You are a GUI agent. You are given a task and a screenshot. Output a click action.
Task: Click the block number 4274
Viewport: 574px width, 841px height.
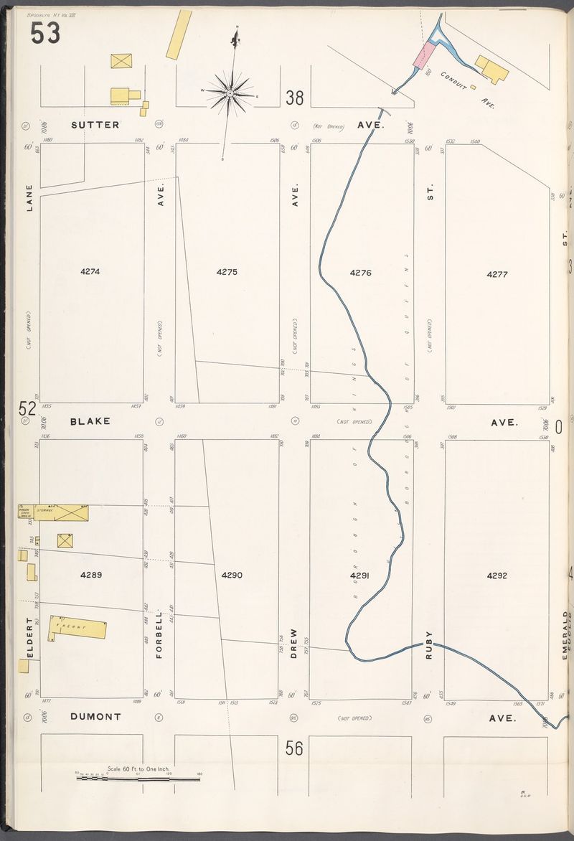click(90, 272)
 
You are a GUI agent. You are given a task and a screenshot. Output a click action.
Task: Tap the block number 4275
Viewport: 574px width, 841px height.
click(227, 272)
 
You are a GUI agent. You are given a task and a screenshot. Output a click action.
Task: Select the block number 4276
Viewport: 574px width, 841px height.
click(360, 273)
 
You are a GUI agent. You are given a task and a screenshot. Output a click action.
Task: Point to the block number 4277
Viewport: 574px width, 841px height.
click(497, 274)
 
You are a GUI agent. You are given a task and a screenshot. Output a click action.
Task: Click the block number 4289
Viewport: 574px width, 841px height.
click(91, 574)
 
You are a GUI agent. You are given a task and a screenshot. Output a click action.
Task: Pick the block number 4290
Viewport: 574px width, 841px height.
click(232, 575)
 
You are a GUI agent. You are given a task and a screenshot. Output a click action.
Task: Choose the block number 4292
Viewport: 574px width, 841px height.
click(497, 575)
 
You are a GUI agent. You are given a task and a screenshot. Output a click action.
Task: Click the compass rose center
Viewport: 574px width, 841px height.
click(230, 93)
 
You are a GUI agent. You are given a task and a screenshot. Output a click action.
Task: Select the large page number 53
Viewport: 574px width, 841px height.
click(45, 33)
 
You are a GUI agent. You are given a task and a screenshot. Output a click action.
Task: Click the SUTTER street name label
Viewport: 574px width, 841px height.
click(95, 125)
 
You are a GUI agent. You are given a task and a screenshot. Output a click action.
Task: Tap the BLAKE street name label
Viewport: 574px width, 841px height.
click(90, 421)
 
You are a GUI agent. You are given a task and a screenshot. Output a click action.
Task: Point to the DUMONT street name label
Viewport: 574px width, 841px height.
click(96, 716)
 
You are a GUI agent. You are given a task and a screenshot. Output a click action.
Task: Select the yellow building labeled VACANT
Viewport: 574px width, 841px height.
click(77, 627)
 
